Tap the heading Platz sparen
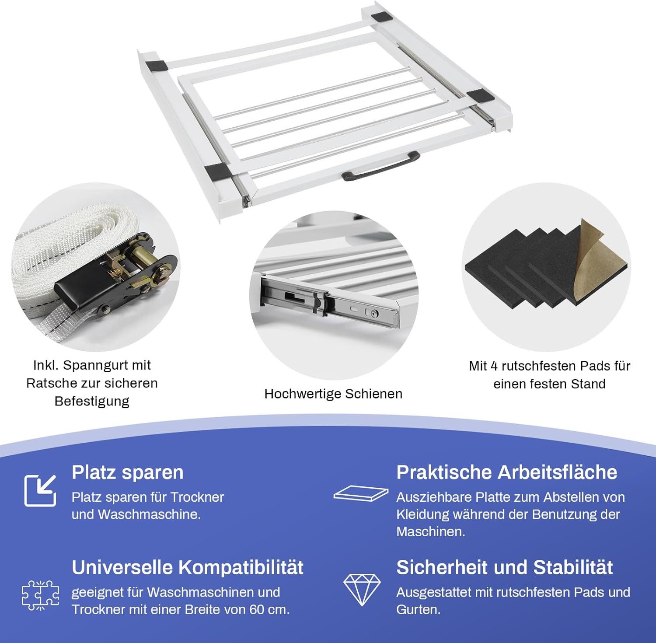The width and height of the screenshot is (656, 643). pyautogui.click(x=128, y=472)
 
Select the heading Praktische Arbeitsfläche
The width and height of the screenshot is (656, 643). pyautogui.click(x=506, y=472)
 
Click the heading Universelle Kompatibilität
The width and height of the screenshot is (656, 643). pyautogui.click(x=187, y=567)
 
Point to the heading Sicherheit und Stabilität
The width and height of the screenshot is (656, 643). pyautogui.click(x=504, y=567)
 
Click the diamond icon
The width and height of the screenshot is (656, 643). pyautogui.click(x=362, y=589)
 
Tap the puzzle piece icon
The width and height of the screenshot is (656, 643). pyautogui.click(x=40, y=595)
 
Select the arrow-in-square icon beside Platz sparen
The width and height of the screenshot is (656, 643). pyautogui.click(x=40, y=490)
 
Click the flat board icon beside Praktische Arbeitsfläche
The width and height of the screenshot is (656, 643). pyautogui.click(x=361, y=493)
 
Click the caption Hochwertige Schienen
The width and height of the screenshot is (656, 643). pyautogui.click(x=333, y=394)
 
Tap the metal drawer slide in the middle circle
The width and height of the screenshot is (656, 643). pyautogui.click(x=332, y=302)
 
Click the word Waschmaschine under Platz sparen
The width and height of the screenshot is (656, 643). pyautogui.click(x=149, y=514)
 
